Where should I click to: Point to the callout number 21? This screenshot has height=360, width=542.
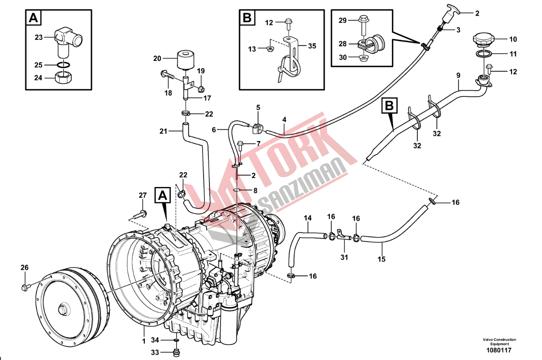[163, 131]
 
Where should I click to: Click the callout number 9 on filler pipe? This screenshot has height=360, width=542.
[458, 76]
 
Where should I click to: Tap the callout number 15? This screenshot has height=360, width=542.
[382, 259]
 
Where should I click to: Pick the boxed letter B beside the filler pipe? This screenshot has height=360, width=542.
[390, 106]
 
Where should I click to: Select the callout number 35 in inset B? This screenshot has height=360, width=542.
[312, 46]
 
